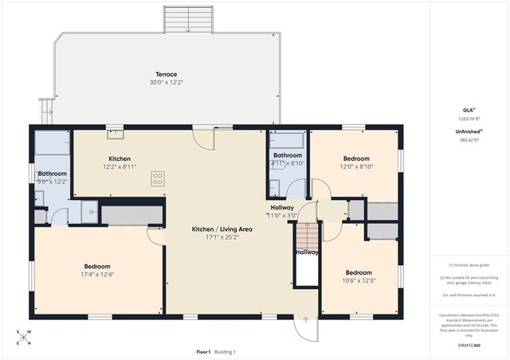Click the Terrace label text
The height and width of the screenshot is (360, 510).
pos(166,74)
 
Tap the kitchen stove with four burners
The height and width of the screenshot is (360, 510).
pos(158,178)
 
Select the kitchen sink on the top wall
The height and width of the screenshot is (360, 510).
pos(116,134)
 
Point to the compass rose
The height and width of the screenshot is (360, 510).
pos(25,338)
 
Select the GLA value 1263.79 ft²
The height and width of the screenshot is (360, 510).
pos(469,119)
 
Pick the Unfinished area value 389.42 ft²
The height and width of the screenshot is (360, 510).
pos(469,139)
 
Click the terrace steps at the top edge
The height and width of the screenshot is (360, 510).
pos(188,19)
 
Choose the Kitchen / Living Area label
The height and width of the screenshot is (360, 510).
pos(222,229)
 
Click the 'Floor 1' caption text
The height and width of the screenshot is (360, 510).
pos(203,351)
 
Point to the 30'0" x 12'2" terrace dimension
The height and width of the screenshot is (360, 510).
pos(166,83)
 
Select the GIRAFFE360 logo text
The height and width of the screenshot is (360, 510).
pos(469,346)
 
